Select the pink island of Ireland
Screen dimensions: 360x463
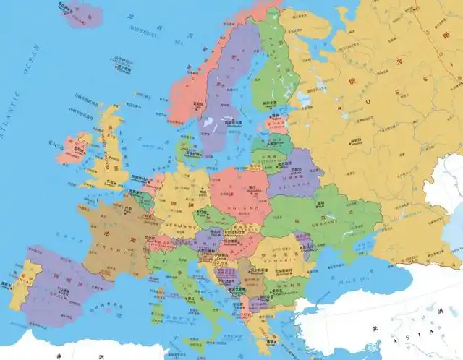pyautogui.click(x=72, y=147)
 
